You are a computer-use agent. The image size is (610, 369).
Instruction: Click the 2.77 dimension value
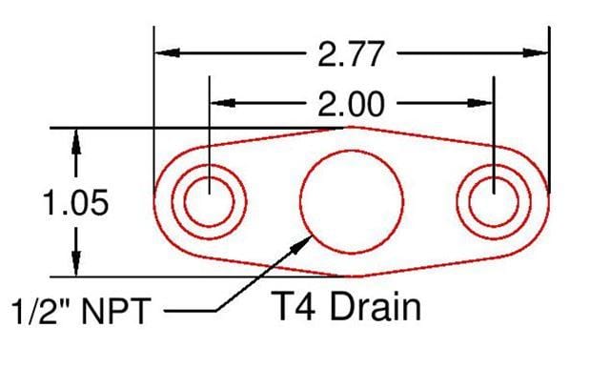(x=352, y=53)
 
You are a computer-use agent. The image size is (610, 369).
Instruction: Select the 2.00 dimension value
(x=352, y=101)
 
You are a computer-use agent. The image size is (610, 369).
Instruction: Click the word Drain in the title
(x=367, y=307)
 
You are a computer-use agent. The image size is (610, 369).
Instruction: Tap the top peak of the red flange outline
(x=352, y=126)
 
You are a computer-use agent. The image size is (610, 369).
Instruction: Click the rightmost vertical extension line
(x=549, y=105)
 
